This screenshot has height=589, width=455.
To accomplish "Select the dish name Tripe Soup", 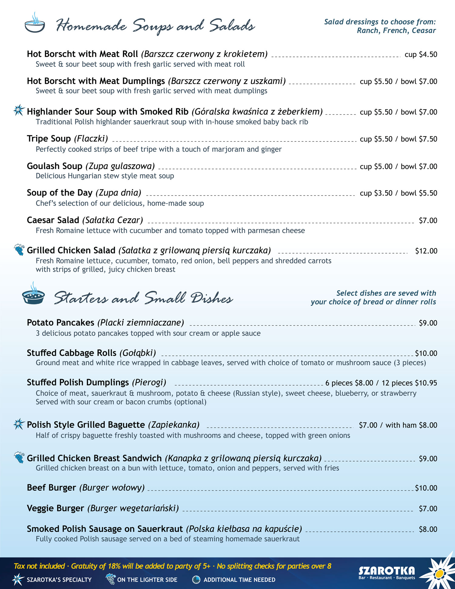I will coord(49,139).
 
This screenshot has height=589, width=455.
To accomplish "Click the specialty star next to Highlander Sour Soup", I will coord(19,110).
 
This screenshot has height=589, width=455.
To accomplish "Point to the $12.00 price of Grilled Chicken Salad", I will coord(426,251).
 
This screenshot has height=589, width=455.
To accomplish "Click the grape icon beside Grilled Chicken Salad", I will coord(19,249).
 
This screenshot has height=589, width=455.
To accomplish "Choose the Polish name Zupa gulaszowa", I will coord(120,166).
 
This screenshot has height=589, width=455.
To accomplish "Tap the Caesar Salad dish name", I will coord(53,220).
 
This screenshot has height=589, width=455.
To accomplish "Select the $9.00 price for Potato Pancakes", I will coord(428,323).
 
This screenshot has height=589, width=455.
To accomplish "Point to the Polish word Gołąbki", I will coord(138,353).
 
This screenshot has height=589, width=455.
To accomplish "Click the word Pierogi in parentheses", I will coord(149,382).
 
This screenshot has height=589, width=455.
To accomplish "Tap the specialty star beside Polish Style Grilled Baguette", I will coord(19,424).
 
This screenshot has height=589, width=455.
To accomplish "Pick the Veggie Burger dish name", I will coord(56,508).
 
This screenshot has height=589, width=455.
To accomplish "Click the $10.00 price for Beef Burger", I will coord(426,488).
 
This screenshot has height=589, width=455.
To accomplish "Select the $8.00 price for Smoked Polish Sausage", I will coord(428,529).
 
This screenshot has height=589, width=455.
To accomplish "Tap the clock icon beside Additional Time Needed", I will coord(196,580).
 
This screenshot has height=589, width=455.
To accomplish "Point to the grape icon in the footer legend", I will coord(111,579).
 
